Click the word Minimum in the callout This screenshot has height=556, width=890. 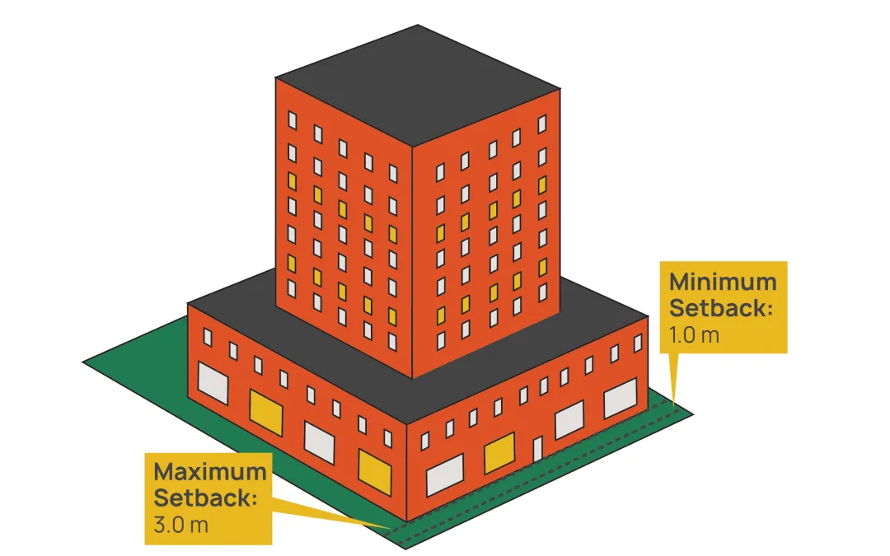coord(722,282)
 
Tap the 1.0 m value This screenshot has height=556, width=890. coord(694,335)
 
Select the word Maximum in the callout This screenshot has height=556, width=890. coord(209,473)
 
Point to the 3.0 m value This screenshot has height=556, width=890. coord(180,525)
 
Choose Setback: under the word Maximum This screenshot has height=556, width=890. coord(205,498)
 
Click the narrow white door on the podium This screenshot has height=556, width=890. coord(537,450)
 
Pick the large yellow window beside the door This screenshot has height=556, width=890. coord(499,453)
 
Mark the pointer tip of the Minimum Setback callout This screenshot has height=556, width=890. coord(676,406)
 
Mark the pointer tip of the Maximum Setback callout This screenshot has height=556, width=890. coord(394,526)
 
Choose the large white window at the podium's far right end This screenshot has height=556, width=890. coord(620,401)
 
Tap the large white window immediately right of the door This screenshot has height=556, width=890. coord(569,422)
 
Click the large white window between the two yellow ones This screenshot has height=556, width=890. coord(320,441)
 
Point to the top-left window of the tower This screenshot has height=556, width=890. coord(292,119)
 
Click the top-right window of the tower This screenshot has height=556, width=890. coord(541,124)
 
